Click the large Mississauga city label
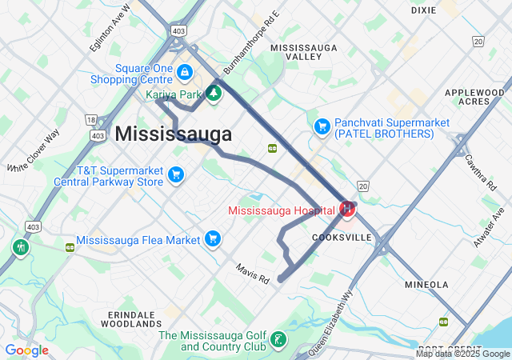coord(174,134)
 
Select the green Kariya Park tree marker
coord(214,94)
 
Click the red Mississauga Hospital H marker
coord(347,210)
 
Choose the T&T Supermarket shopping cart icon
coord(176,174)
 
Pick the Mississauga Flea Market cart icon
coord(213,238)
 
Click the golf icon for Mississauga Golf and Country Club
coord(278,341)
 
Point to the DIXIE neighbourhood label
coord(423,10)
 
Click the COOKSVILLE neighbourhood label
coord(341,238)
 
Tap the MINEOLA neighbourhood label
coord(426,284)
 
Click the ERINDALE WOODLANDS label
coord(132,319)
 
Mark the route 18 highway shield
coord(90,119)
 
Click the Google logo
coord(26,350)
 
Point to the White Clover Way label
coord(34,152)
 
